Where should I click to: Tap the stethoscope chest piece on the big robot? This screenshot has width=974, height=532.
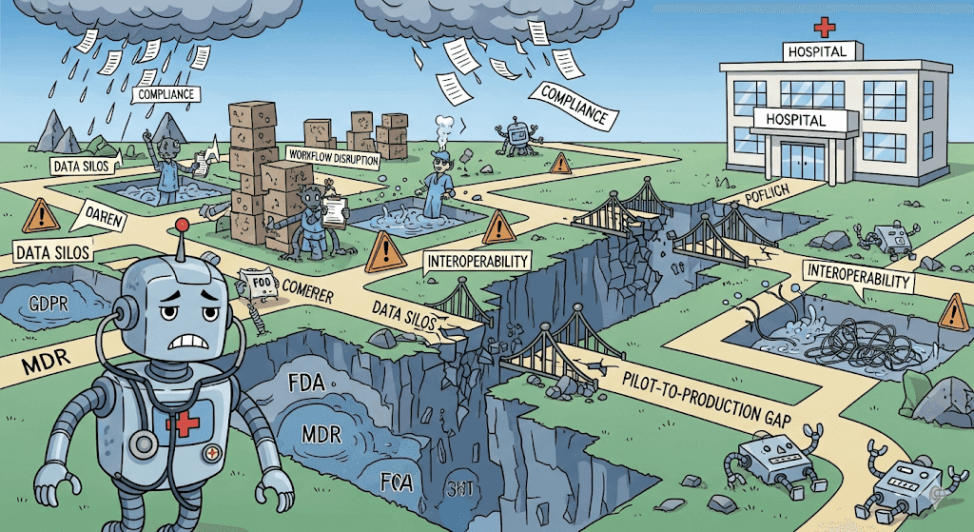click(x=143, y=444)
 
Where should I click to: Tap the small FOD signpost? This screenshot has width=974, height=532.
click(x=254, y=284)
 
